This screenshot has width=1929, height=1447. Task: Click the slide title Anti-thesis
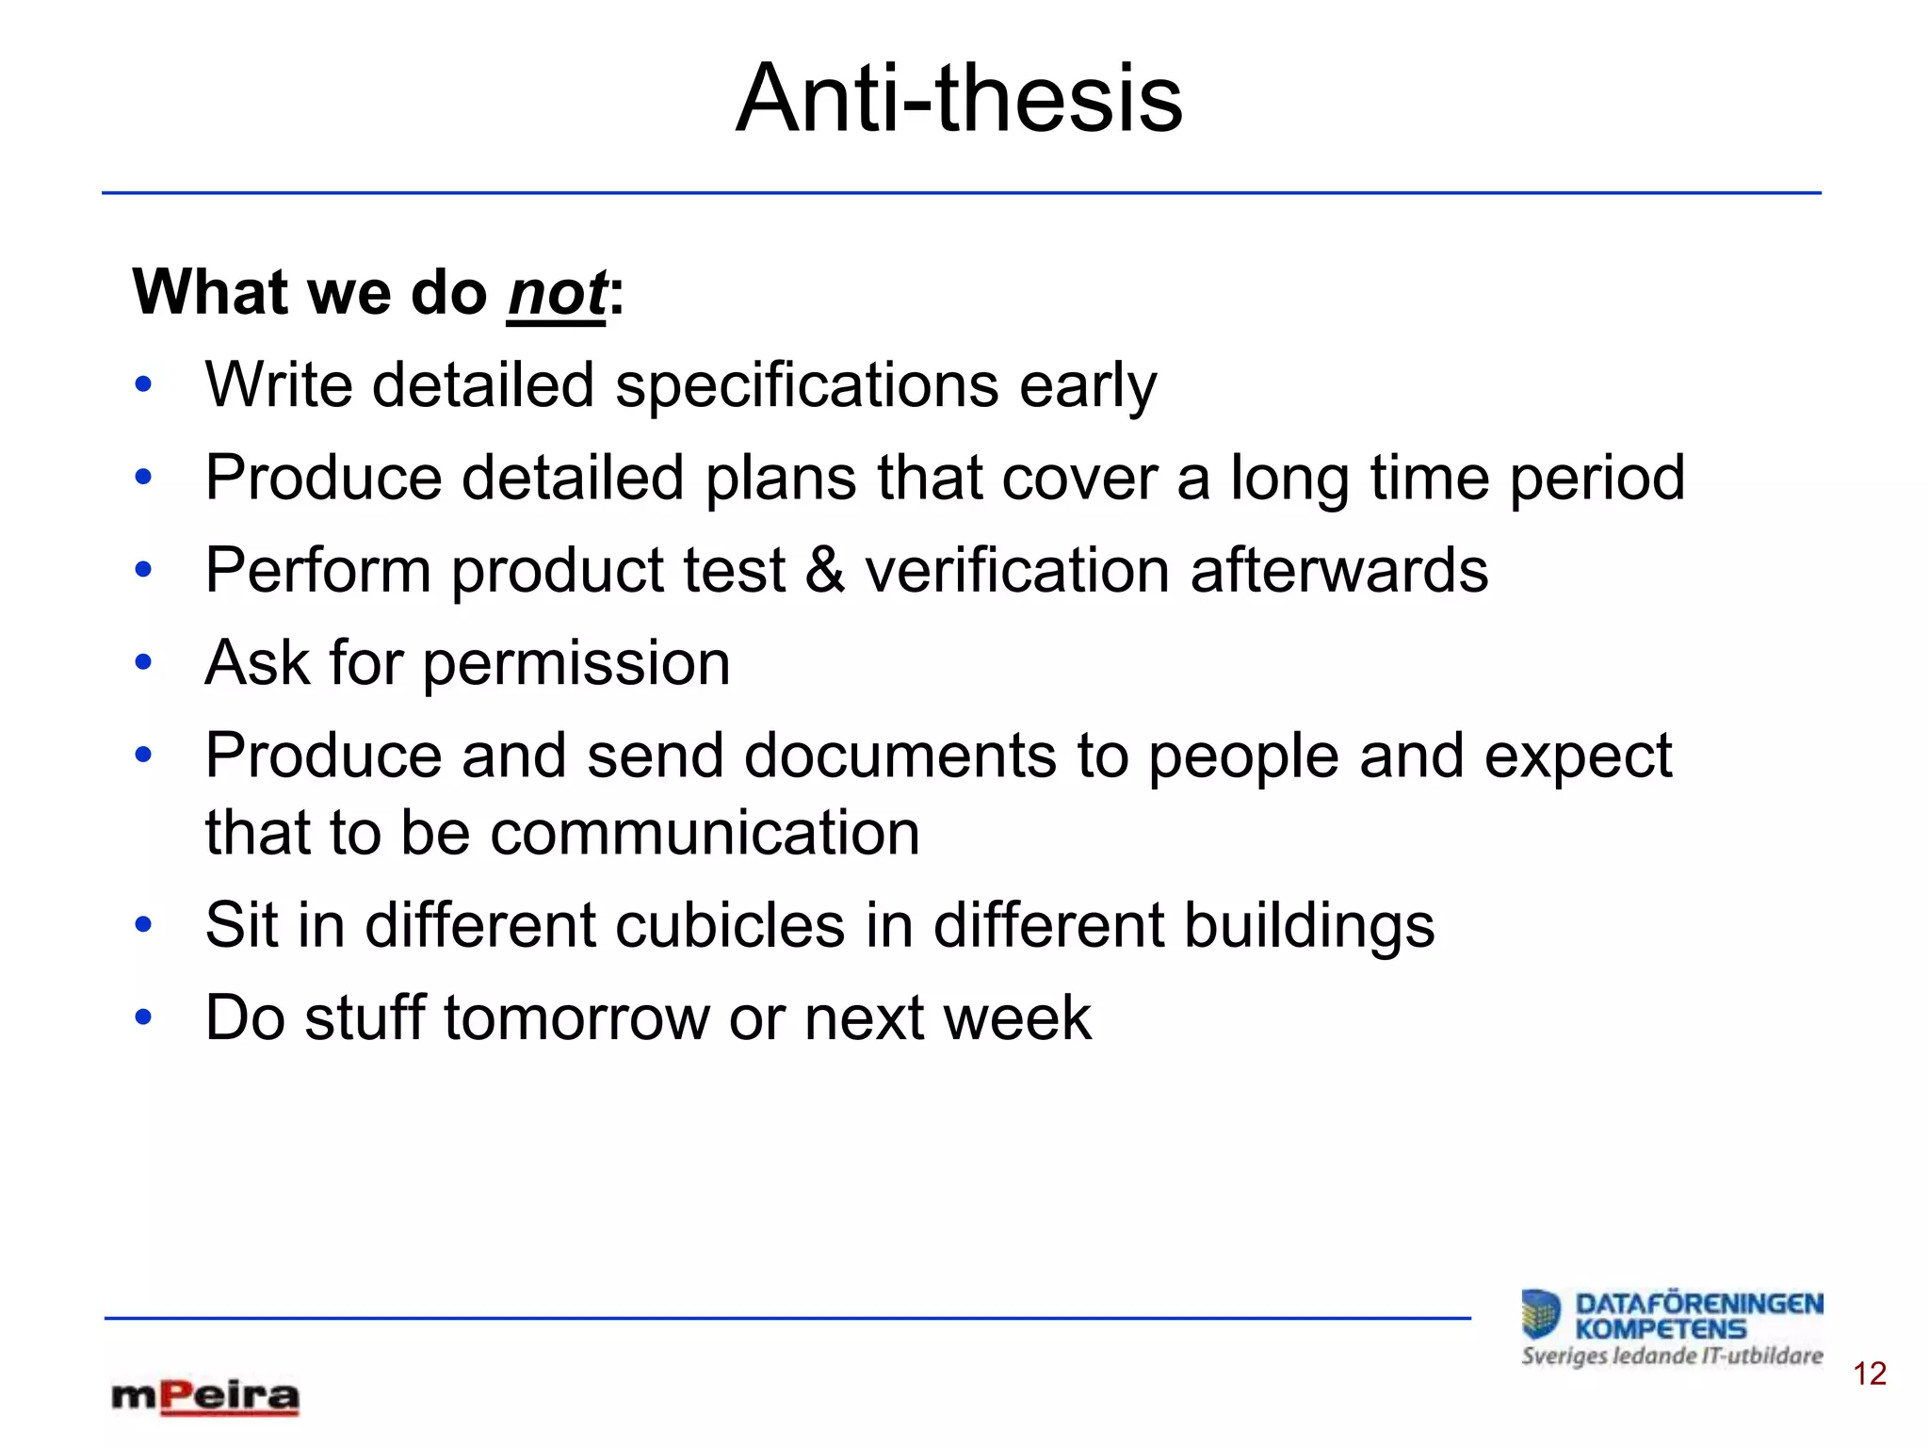(x=959, y=98)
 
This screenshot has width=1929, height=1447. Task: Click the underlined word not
(x=557, y=293)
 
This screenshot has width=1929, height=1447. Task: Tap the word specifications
(x=806, y=385)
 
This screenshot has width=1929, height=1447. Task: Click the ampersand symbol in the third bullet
(x=825, y=570)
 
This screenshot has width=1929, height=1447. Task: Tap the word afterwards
(x=1338, y=570)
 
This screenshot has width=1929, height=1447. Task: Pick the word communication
(x=704, y=833)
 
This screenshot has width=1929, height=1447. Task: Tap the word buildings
(x=1308, y=925)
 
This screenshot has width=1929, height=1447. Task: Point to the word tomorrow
(x=575, y=1018)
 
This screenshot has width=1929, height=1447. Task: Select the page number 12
(x=1869, y=1374)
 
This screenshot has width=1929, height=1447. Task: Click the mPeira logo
(x=205, y=1396)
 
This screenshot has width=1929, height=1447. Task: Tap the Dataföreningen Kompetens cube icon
(x=1541, y=1314)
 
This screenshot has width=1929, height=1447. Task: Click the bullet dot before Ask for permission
(x=143, y=663)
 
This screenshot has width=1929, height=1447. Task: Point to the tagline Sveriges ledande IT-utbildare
(x=1672, y=1357)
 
